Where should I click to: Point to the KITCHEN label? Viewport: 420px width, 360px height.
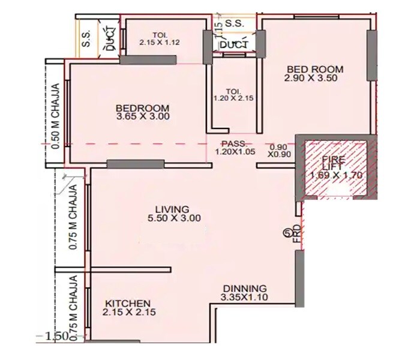click(x=128, y=303)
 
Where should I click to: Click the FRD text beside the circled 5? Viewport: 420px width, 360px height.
click(x=296, y=235)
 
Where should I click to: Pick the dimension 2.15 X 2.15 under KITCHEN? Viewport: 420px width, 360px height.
click(x=128, y=313)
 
